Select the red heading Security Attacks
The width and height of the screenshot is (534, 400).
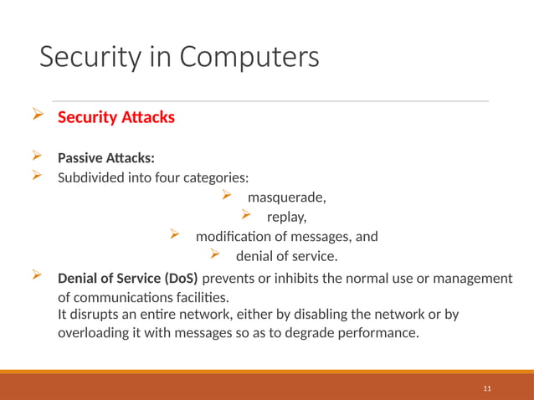coord(116,117)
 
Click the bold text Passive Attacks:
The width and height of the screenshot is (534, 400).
coord(105,158)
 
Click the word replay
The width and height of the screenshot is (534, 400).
coord(290,218)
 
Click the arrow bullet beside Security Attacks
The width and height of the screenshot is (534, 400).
coord(36,115)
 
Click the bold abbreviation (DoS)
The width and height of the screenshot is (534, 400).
coord(177,279)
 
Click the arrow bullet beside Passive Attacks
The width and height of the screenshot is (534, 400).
coord(36,156)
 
